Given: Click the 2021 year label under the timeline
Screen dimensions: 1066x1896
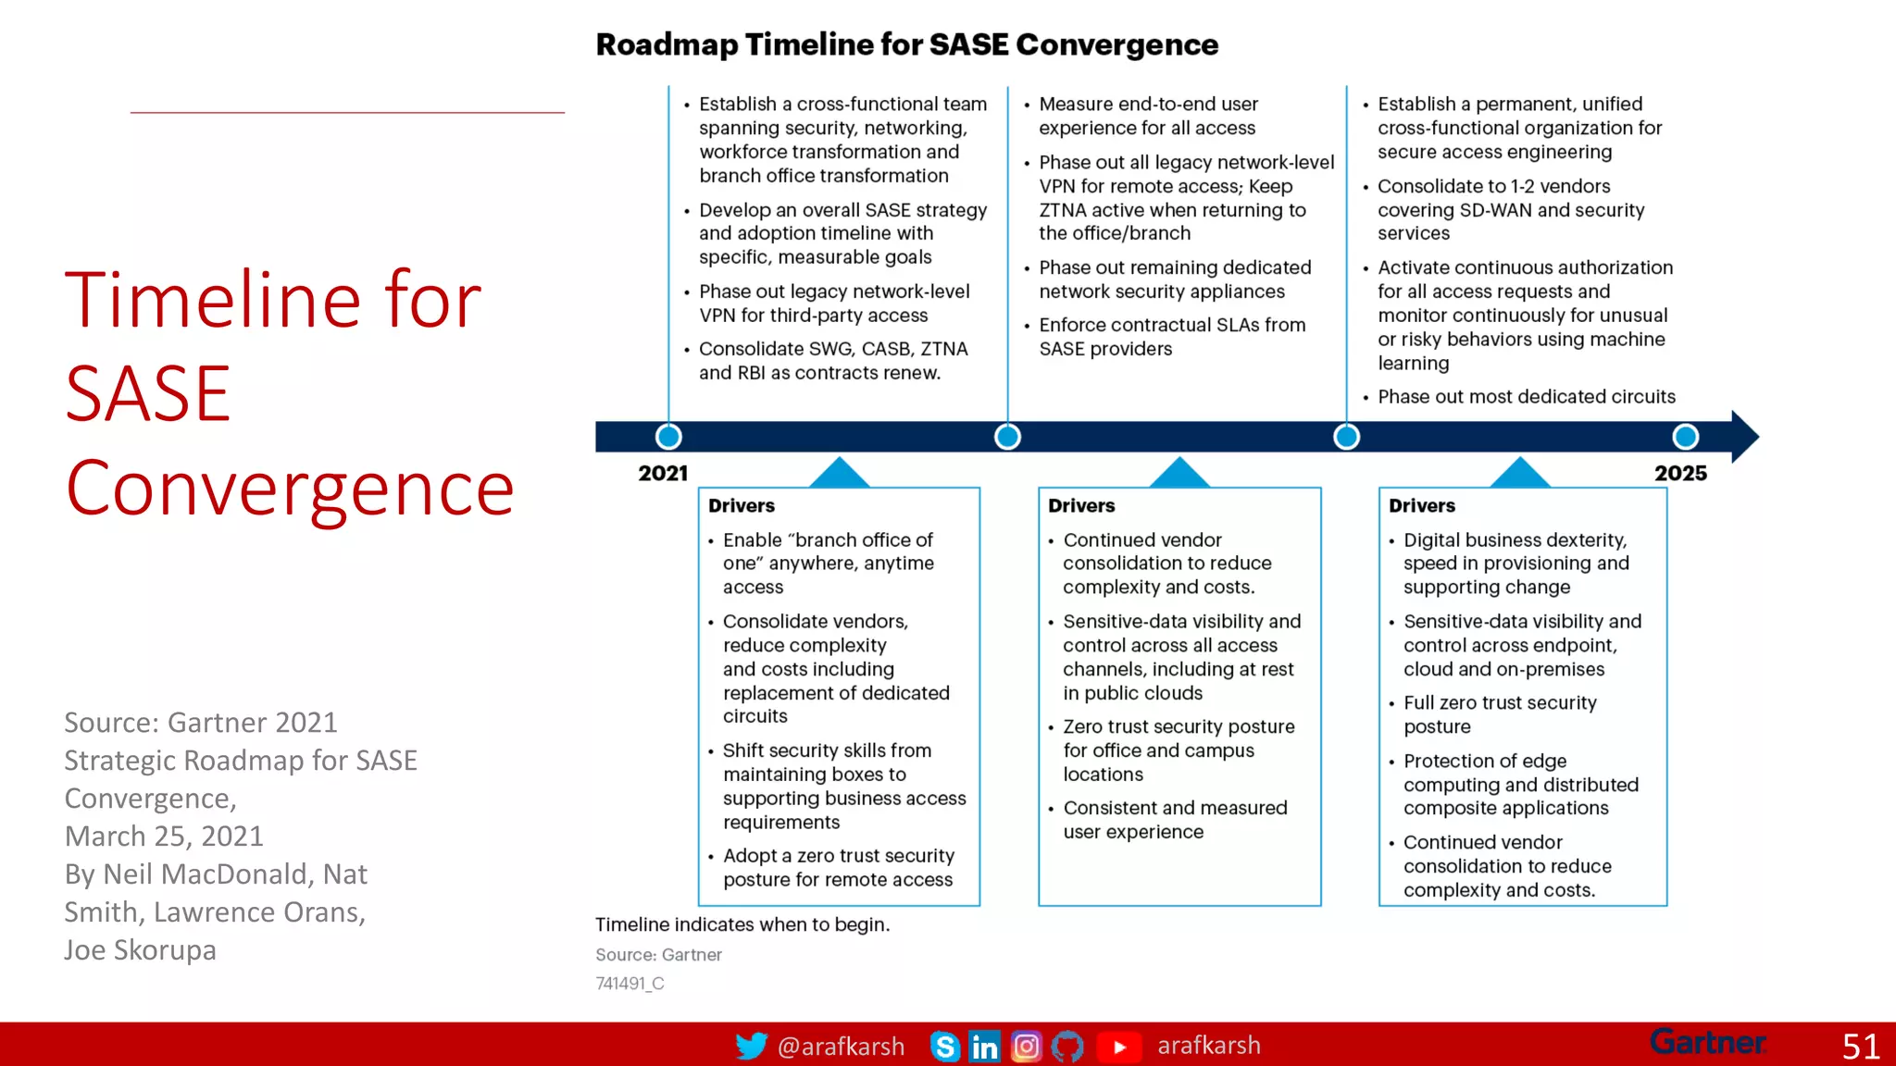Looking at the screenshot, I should point(663,474).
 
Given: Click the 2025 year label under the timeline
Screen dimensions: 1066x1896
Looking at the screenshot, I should point(1680,474).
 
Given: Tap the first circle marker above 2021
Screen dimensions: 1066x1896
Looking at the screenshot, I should point(668,437).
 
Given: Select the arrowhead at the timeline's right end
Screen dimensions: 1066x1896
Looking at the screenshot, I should point(1744,437).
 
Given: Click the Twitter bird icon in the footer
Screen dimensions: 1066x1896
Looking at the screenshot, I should point(751,1046).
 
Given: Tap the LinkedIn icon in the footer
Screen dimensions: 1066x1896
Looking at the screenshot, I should point(984,1047).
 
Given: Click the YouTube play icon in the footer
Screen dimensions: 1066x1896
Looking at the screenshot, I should point(1118,1047).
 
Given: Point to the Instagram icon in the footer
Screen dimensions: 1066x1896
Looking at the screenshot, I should point(1026,1047).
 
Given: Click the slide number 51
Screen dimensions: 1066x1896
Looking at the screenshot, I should point(1860,1047).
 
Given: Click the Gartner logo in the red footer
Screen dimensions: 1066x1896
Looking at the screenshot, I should point(1708,1043).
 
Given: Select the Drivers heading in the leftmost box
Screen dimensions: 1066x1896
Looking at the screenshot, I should point(742,506).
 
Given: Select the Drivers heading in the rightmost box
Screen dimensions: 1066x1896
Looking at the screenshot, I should point(1422,506).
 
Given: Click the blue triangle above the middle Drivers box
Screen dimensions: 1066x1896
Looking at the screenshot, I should point(1179,473).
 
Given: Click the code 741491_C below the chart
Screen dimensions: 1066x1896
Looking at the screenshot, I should point(630,984).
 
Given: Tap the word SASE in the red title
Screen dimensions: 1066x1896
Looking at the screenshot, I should point(148,394).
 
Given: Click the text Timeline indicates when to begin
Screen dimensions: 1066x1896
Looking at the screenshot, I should point(742,924).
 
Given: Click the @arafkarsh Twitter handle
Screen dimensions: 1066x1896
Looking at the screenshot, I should point(841,1047).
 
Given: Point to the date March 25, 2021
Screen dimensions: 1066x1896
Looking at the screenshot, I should point(164,837).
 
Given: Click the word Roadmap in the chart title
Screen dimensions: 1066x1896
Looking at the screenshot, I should point(667,44).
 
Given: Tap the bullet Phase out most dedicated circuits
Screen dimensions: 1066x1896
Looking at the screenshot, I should point(1526,397).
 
